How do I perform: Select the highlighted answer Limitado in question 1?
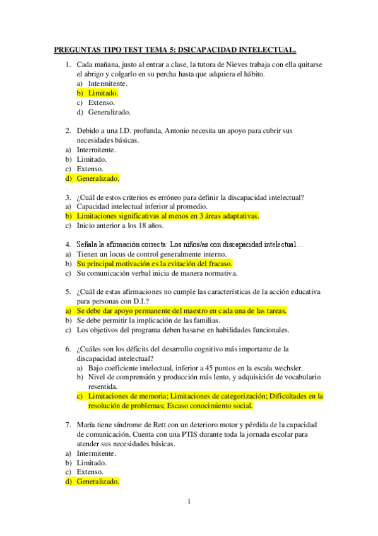pos(103,92)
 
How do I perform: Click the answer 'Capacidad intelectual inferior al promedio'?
pos(141,207)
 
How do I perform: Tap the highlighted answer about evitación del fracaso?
pos(155,264)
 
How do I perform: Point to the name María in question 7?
pos(85,425)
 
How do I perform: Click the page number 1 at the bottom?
pos(189,501)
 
